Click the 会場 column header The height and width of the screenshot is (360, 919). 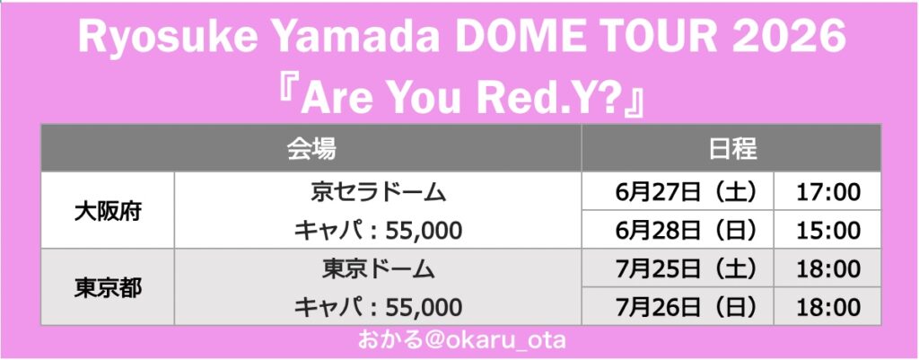tap(311, 149)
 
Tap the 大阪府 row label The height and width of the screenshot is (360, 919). tap(108, 212)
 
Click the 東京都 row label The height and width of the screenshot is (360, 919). tap(108, 288)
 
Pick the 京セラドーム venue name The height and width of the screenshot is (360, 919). tap(378, 193)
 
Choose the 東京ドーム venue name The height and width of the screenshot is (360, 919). tap(378, 269)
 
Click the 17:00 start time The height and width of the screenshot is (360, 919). tap(827, 192)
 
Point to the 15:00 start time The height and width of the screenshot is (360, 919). tap(827, 231)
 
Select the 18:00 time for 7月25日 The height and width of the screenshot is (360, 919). tap(827, 269)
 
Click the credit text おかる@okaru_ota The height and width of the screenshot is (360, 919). tap(461, 340)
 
